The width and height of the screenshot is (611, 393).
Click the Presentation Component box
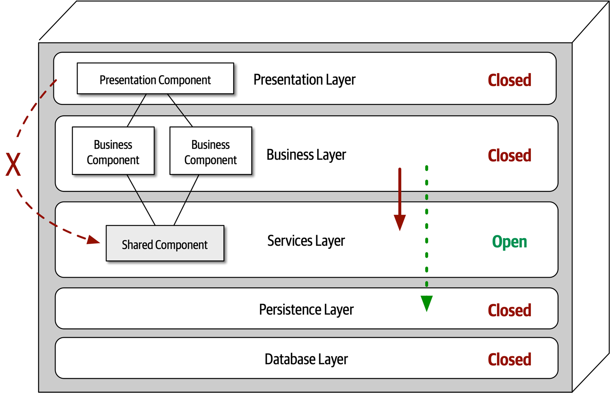(155, 79)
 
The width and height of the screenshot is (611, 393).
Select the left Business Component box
(113, 151)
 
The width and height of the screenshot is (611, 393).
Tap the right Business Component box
(211, 151)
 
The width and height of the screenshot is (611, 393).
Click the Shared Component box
(165, 244)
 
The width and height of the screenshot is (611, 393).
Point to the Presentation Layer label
(304, 80)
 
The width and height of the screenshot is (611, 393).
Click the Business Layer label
(306, 155)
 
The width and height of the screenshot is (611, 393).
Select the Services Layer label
(306, 241)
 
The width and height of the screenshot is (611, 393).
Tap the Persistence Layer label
(306, 310)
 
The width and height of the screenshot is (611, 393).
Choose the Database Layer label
(306, 359)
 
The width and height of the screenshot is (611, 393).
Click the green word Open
(509, 242)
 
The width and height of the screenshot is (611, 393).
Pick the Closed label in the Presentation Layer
(509, 80)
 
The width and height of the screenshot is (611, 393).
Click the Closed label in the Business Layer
(509, 156)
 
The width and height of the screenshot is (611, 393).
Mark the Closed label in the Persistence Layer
(509, 311)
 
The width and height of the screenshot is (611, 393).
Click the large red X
(13, 165)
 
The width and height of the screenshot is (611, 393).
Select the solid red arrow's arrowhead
(399, 222)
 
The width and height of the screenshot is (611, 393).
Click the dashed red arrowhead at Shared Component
(93, 240)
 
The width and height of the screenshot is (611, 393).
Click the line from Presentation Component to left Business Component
(137, 110)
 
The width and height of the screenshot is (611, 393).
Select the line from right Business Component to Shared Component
(187, 200)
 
